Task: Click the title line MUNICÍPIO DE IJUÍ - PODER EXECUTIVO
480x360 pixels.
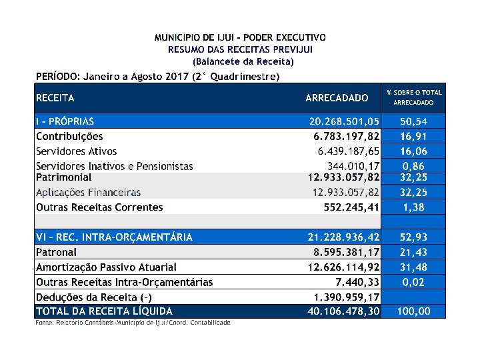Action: (x=240, y=37)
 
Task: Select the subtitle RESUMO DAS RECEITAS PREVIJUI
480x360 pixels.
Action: (x=240, y=49)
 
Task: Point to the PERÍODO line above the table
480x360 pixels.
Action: (x=157, y=77)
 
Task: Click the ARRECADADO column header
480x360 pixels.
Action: (x=337, y=98)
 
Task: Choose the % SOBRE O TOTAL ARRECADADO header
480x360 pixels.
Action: (x=414, y=97)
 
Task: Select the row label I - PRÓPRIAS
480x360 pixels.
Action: (x=65, y=121)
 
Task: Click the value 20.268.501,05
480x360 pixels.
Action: (x=344, y=121)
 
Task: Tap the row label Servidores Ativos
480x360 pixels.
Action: (x=76, y=151)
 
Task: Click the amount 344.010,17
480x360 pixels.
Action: (x=353, y=165)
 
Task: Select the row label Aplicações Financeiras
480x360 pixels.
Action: (x=88, y=193)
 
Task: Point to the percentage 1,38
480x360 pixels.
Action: (x=414, y=207)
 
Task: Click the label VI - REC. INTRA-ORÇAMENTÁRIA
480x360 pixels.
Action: (x=114, y=237)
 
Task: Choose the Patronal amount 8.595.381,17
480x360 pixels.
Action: (x=347, y=252)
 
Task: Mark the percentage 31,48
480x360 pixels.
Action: (x=414, y=267)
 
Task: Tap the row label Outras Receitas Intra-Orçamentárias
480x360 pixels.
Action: (x=124, y=282)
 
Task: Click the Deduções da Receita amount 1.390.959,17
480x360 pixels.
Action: (x=347, y=297)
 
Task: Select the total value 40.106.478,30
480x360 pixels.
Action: (x=344, y=311)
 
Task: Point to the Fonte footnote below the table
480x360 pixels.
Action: (x=133, y=323)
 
